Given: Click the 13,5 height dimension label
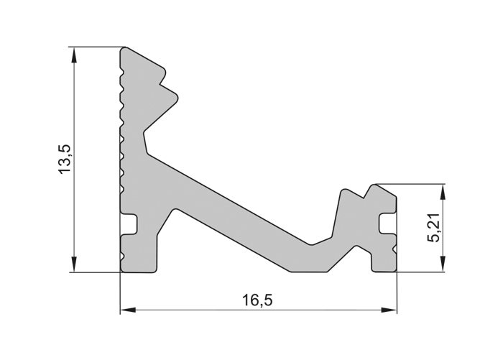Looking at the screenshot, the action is [x=64, y=159].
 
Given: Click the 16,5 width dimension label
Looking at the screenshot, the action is [x=257, y=300].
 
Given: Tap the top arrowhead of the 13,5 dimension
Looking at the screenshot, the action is [x=75, y=55].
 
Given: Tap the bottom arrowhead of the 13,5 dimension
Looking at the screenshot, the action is [x=75, y=264].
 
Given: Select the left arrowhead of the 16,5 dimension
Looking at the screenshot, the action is [x=128, y=310].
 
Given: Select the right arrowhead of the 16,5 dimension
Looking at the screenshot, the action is [x=389, y=310].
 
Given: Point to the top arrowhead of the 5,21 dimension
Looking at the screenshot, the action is [x=443, y=192].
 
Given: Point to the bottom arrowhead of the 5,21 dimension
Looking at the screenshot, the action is [x=443, y=264].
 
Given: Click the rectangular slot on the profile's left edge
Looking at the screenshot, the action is [x=129, y=224].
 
